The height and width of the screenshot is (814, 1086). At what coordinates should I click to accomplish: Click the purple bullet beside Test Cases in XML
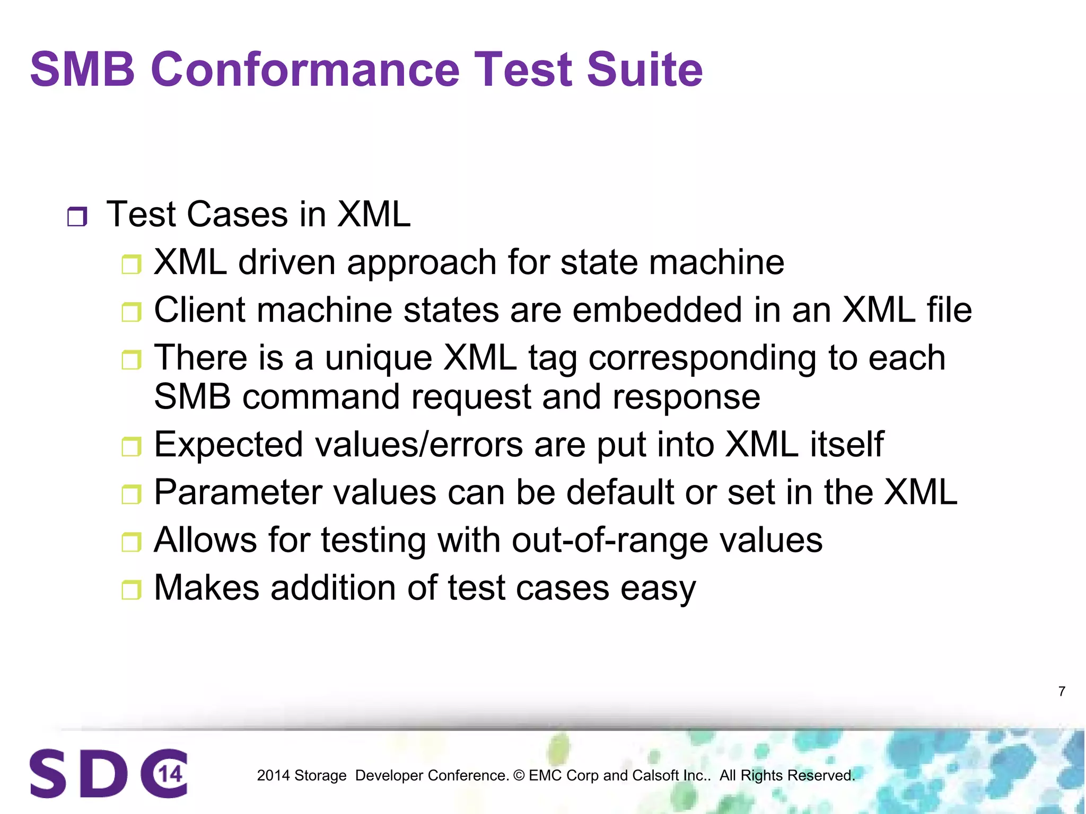point(77,217)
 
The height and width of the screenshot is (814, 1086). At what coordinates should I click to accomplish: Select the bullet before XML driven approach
point(131,264)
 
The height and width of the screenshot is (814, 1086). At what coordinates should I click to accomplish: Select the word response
point(686,397)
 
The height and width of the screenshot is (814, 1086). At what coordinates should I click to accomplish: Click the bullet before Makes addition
point(131,589)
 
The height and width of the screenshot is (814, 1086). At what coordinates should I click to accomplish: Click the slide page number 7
point(1062,692)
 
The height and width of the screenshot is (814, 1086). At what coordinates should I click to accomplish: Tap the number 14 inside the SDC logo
point(171,774)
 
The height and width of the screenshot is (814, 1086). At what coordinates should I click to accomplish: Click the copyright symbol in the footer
point(519,775)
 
